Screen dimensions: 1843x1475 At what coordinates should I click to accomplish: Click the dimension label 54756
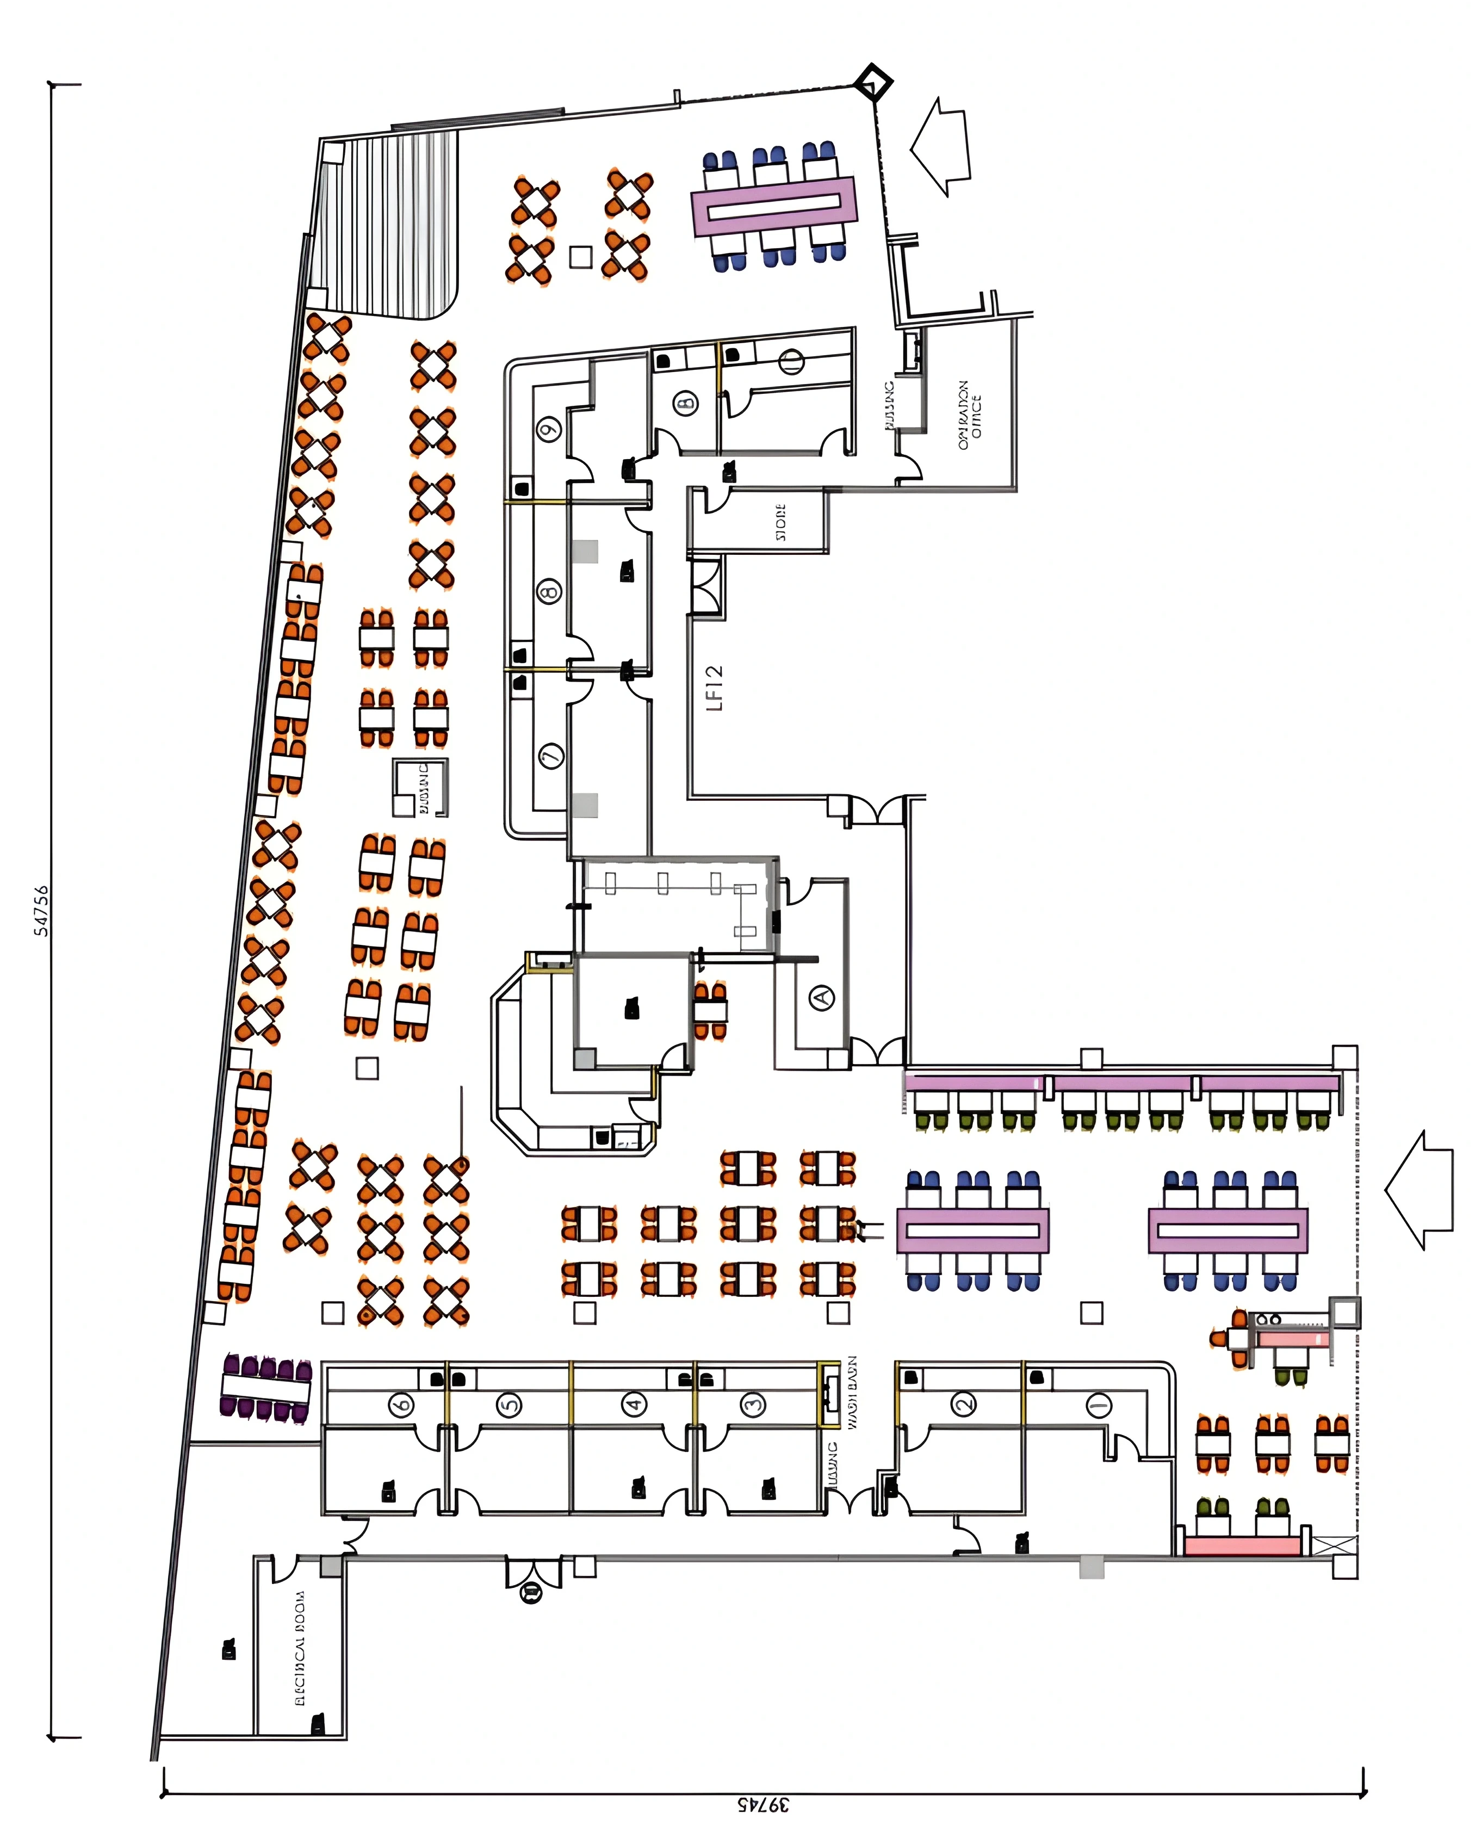pos(41,911)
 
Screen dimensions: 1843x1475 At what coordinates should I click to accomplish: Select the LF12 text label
pos(715,688)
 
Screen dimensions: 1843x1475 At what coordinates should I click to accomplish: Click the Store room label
pos(780,522)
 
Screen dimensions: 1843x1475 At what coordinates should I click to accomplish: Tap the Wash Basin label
pos(853,1393)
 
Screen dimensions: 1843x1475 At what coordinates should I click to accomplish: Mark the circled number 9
pos(549,429)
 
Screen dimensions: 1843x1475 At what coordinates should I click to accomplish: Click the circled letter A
pos(821,997)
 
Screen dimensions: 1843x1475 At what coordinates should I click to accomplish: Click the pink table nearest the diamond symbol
pos(773,205)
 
